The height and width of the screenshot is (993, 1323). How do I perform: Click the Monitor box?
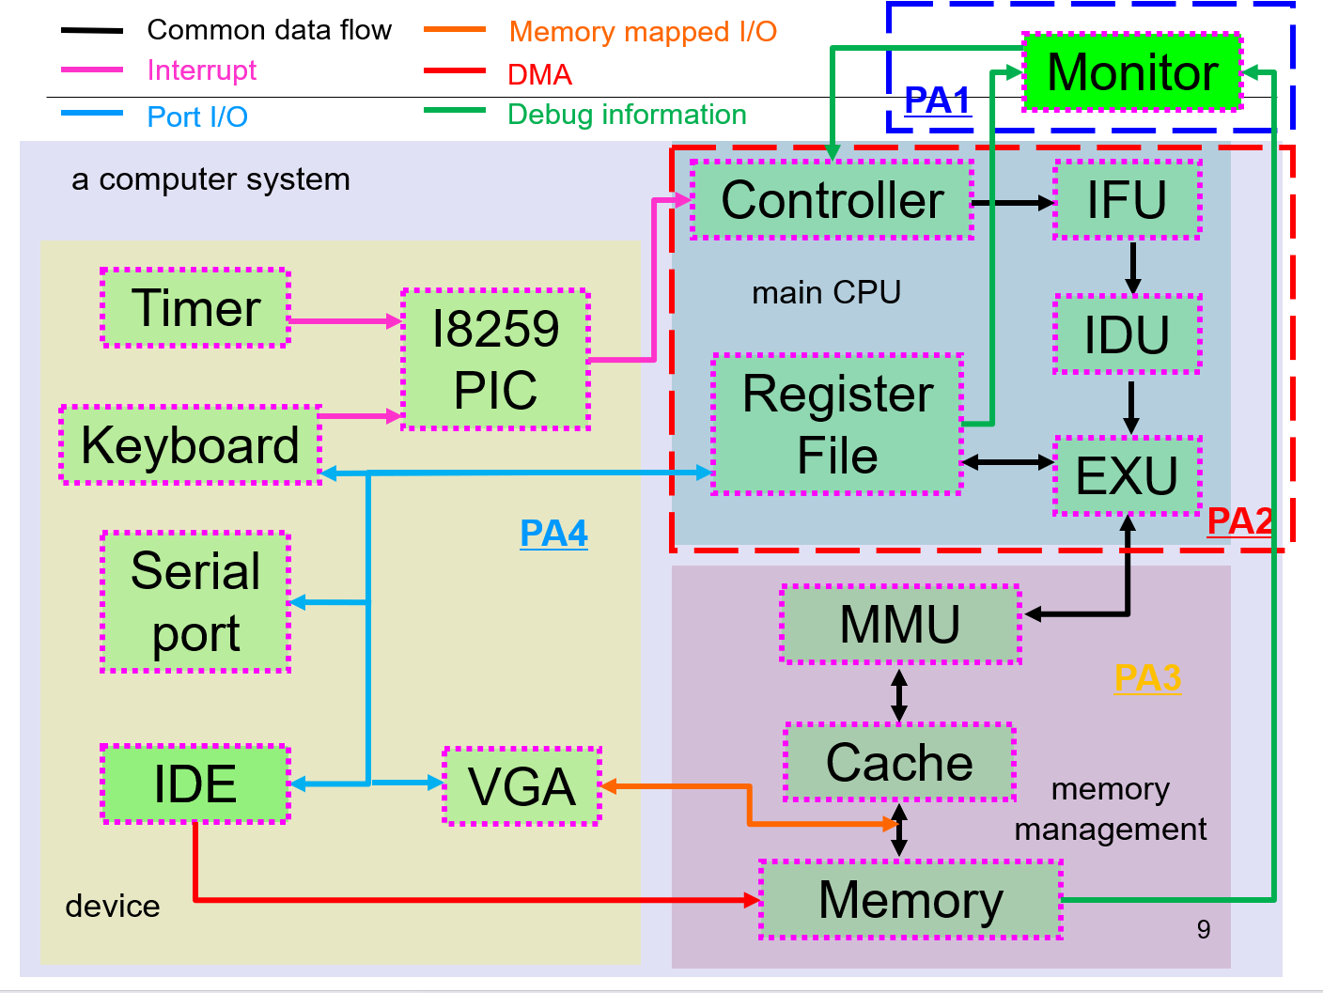point(1132,72)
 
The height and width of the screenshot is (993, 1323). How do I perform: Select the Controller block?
point(832,200)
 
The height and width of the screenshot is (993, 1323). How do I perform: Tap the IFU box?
point(1128,200)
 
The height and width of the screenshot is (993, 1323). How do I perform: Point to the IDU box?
point(1128,334)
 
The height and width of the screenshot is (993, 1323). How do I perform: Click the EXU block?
point(1128,475)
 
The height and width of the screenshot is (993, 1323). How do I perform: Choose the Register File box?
point(837,425)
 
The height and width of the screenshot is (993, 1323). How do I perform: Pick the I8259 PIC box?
point(495,360)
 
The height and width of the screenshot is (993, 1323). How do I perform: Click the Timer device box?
point(195,308)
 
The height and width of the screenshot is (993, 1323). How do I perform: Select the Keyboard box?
point(191,445)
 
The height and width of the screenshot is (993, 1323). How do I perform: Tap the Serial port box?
point(195,602)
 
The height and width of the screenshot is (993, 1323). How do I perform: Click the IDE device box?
point(195,784)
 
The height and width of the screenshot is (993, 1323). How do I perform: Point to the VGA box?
point(521,786)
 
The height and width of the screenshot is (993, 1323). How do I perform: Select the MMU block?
point(900,625)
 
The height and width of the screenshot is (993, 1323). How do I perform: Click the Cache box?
point(899,762)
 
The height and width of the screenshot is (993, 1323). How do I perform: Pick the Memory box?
point(911,900)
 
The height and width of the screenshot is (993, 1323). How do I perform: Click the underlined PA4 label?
point(553,534)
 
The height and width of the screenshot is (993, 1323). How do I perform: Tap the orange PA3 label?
point(1147,678)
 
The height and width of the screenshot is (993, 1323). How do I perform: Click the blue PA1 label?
point(937,101)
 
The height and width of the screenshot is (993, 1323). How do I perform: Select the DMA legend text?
point(539,75)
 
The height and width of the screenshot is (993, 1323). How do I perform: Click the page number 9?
point(1204,929)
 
